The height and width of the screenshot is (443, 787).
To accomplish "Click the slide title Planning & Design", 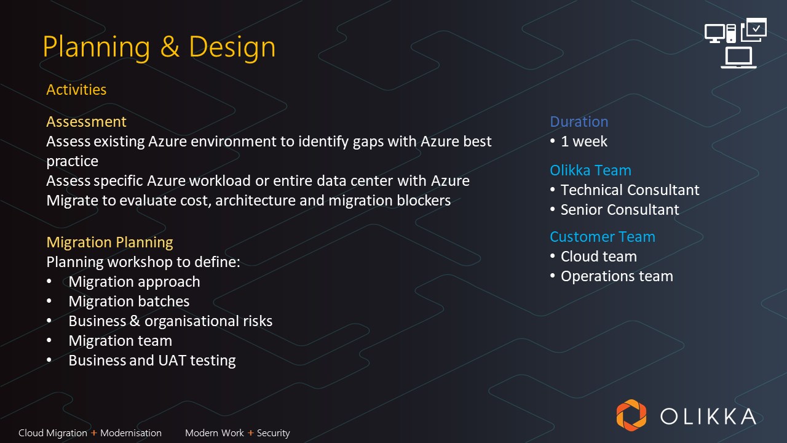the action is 159,47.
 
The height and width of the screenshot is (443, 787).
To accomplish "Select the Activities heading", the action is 76,90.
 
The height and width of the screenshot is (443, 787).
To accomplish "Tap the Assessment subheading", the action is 86,122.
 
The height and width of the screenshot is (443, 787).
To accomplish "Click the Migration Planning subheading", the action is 109,242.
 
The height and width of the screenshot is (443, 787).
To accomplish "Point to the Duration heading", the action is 579,122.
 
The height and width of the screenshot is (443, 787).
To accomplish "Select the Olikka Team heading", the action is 591,170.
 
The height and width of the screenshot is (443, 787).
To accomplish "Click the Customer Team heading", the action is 603,237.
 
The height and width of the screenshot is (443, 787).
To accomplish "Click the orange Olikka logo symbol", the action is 631,415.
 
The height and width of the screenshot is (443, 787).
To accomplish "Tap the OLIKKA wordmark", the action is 708,417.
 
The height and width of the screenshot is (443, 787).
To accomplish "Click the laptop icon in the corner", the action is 738,58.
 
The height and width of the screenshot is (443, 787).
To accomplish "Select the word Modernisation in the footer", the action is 131,433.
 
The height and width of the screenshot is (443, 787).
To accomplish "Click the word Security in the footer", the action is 274,433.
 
